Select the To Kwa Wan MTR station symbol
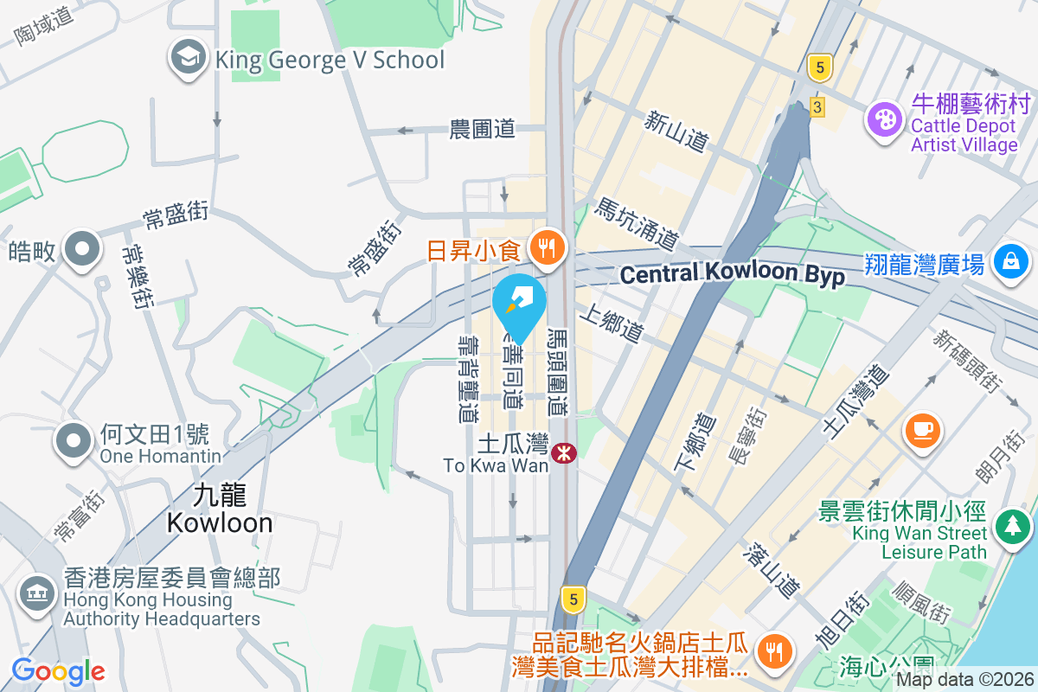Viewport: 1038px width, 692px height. tap(566, 452)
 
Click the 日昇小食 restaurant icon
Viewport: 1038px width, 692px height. tap(546, 248)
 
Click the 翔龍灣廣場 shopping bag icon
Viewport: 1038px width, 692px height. tap(1009, 259)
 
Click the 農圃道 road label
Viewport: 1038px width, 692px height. tap(483, 130)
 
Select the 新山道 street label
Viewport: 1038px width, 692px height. tap(676, 131)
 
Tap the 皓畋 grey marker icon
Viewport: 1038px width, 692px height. tap(82, 248)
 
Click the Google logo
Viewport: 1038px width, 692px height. tap(58, 671)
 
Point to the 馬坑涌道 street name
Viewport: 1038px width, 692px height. tap(636, 221)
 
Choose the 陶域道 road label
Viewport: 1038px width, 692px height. tap(41, 24)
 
